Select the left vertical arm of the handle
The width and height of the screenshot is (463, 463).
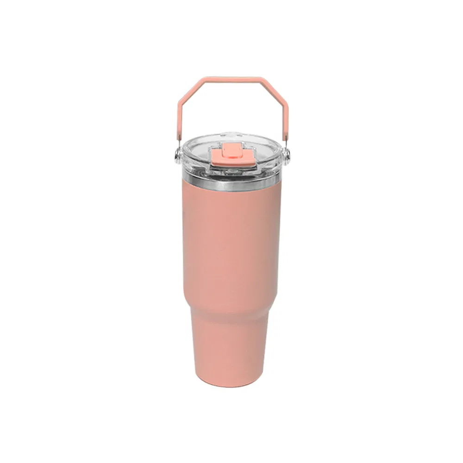[x=179, y=121]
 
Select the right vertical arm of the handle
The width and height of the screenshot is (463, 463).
[x=286, y=121]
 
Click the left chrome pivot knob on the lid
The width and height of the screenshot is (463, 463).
[x=177, y=156]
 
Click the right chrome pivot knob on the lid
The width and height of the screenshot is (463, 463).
[x=287, y=156]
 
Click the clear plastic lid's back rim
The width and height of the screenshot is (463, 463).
[x=231, y=137]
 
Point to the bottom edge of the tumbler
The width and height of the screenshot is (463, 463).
[x=230, y=385]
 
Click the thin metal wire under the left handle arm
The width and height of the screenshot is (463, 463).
[x=178, y=141]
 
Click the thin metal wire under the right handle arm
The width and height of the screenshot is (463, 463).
[x=286, y=141]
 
